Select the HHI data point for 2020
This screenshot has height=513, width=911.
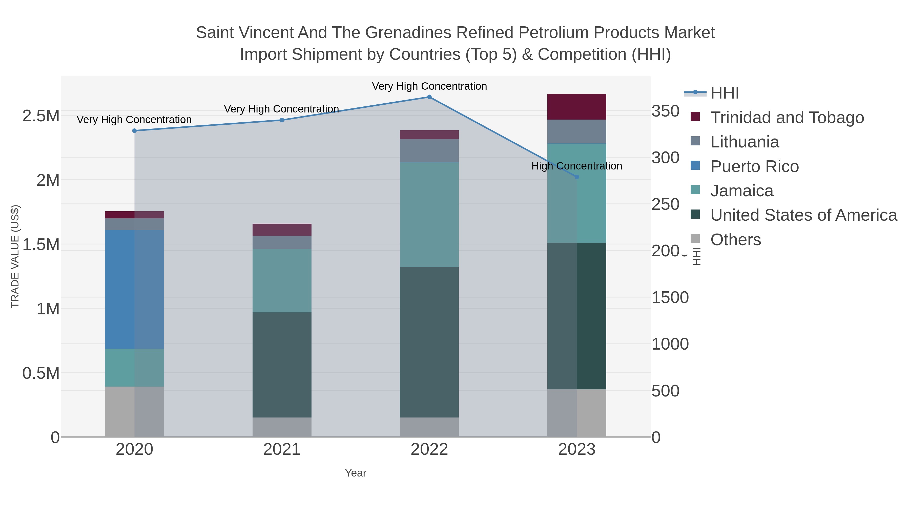[134, 131]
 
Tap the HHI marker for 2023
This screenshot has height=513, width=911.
[577, 177]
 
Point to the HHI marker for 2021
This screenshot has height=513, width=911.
[282, 120]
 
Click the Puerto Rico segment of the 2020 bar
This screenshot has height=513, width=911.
[134, 289]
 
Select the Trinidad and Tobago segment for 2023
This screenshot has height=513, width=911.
[576, 107]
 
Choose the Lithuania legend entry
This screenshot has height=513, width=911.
[744, 142]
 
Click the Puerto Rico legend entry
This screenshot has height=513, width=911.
[754, 166]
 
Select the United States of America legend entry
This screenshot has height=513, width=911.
[803, 215]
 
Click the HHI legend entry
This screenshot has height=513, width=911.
[724, 93]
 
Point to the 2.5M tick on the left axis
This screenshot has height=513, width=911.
[41, 116]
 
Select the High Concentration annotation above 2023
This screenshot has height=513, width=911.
[576, 166]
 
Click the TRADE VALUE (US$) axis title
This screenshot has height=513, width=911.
[15, 256]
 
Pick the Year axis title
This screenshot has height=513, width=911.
[356, 473]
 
